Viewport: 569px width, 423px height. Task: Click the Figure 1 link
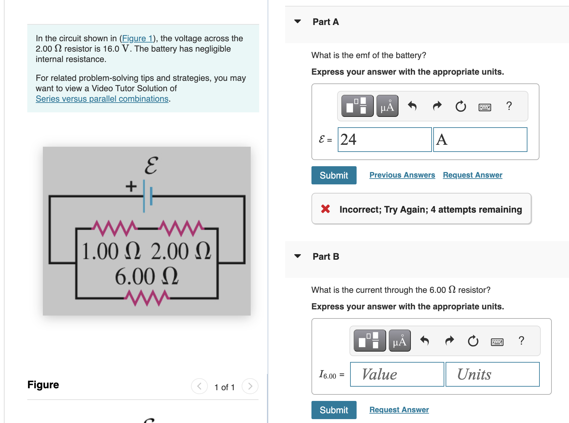click(x=137, y=39)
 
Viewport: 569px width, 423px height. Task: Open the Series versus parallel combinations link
click(x=102, y=99)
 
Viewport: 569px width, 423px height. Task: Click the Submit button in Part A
click(x=334, y=175)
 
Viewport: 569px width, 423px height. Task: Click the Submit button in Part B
click(x=334, y=410)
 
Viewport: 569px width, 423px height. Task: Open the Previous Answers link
click(x=402, y=175)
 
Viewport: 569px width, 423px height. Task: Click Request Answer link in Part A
click(x=472, y=175)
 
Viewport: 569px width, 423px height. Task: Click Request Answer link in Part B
click(x=399, y=410)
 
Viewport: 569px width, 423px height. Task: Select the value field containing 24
click(x=384, y=140)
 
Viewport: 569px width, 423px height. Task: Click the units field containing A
click(x=480, y=140)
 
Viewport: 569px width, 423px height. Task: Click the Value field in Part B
click(x=397, y=374)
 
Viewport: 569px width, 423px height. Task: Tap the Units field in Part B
click(x=492, y=374)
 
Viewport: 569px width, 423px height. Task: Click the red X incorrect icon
click(x=325, y=209)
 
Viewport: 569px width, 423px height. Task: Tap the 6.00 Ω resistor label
click(x=146, y=277)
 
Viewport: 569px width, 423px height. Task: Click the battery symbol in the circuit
click(x=147, y=195)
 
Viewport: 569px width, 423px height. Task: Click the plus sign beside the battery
click(x=131, y=186)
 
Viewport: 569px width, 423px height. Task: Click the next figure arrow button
click(x=250, y=386)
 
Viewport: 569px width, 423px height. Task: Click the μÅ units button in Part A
click(x=387, y=106)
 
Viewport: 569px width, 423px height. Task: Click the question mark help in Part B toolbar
click(x=521, y=341)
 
